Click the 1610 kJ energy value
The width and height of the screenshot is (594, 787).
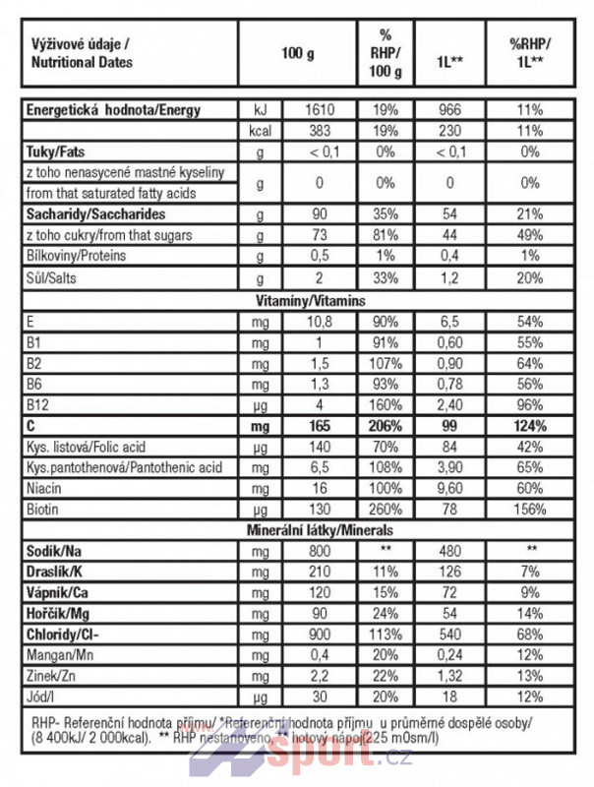pos(315,110)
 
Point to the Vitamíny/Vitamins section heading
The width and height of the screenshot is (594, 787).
pos(296,299)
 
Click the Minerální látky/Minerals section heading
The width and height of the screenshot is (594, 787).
pos(296,531)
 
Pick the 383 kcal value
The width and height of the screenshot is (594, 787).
pos(315,131)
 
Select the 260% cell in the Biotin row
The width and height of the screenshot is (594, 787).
pos(385,510)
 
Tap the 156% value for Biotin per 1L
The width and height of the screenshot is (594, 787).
pos(530,510)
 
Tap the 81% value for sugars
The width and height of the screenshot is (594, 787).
pos(385,235)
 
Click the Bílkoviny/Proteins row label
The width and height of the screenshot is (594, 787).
pos(75,255)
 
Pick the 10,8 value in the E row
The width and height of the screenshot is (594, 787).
pos(315,321)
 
